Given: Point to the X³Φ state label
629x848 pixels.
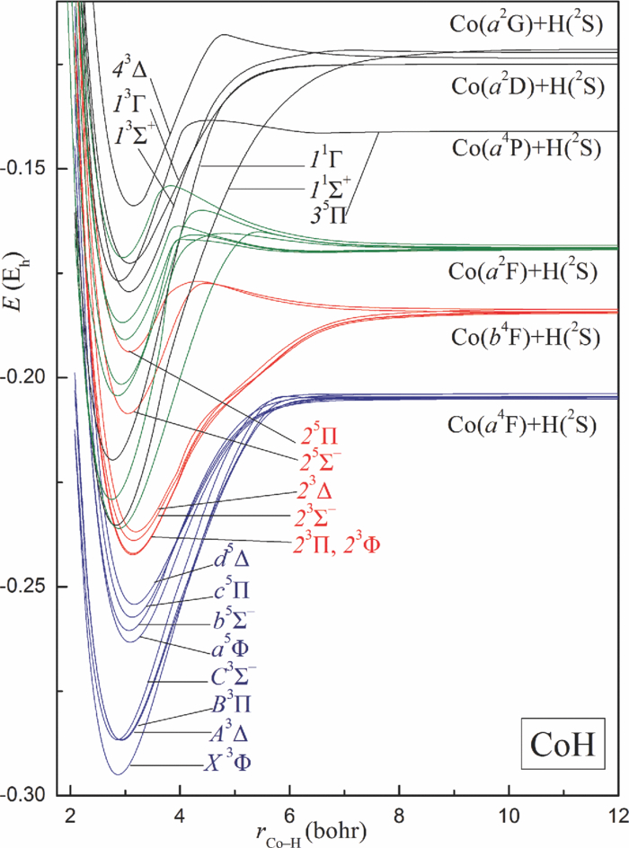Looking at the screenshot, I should (x=226, y=764).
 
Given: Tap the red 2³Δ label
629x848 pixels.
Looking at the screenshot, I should (x=319, y=492).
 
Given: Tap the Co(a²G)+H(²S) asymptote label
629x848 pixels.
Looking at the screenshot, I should (x=523, y=24).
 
